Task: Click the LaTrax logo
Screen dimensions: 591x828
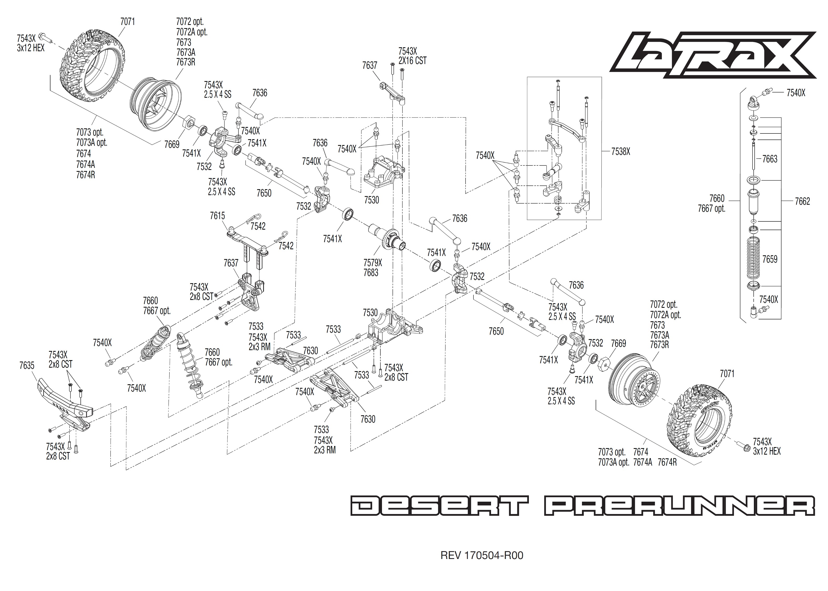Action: (713, 55)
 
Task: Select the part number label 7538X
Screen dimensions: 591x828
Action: (620, 152)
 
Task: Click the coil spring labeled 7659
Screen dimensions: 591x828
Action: (753, 259)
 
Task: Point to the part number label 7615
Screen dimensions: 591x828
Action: (217, 216)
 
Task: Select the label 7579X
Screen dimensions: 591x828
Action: (372, 262)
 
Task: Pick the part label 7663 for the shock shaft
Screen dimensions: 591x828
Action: (769, 159)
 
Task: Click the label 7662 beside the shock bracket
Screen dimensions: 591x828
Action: (802, 201)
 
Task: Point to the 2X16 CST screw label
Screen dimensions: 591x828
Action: (412, 61)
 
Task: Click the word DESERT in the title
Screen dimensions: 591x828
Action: (439, 505)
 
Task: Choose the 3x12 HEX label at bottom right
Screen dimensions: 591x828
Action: (766, 451)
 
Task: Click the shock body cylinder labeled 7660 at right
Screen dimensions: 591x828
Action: (753, 202)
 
